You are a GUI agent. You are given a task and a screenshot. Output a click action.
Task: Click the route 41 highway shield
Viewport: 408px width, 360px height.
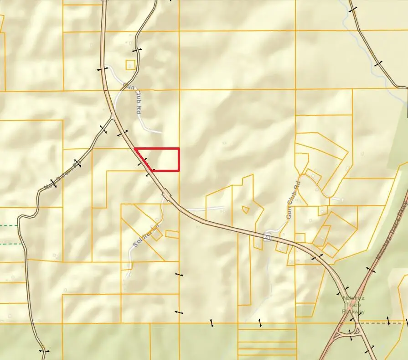tap(268, 237)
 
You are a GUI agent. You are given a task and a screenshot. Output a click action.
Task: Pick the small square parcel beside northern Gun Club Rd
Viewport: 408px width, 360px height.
tap(130, 65)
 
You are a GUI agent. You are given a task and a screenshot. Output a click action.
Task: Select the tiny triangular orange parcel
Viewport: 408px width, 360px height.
tap(246, 210)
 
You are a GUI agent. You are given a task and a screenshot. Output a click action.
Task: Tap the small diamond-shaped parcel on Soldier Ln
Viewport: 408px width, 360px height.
tap(156, 235)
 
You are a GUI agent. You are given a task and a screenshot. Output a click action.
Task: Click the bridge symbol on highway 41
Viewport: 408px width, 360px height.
tap(167, 195)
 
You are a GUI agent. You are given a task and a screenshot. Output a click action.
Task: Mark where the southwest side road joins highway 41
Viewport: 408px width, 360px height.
tap(112, 119)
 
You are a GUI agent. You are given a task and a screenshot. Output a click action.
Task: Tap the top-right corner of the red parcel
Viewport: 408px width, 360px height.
tap(179, 148)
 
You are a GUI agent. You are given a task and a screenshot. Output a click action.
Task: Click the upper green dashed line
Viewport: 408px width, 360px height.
tap(9, 225)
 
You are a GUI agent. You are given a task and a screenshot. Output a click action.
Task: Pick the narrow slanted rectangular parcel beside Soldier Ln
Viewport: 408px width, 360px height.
tap(172, 234)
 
